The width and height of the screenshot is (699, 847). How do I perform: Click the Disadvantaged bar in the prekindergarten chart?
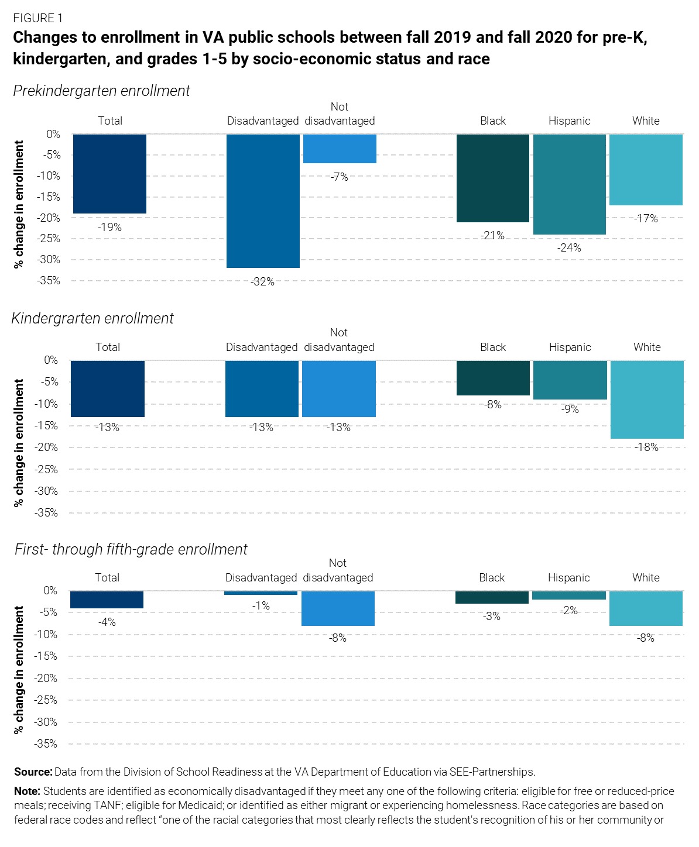tap(263, 201)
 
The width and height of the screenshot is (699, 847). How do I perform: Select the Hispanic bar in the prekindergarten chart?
tap(569, 184)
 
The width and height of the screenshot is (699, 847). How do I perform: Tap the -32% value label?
tap(262, 282)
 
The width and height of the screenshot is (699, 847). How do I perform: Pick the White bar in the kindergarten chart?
tap(647, 400)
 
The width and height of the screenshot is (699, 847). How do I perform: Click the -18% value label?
tap(646, 447)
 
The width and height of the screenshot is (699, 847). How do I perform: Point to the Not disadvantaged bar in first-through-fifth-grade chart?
tap(338, 608)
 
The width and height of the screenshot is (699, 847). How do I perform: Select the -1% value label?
tap(261, 606)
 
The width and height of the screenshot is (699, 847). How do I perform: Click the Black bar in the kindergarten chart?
tap(493, 378)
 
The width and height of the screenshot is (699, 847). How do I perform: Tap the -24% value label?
tap(569, 248)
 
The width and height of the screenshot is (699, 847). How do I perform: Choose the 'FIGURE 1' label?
tap(37, 18)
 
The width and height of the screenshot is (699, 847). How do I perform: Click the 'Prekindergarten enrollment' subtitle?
tap(101, 91)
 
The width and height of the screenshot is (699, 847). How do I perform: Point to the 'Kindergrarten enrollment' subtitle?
tap(92, 318)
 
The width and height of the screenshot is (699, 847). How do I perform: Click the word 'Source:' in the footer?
tap(33, 772)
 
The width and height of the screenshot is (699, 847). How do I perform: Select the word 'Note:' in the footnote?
tap(27, 791)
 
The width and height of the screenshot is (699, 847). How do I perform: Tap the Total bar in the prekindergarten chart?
tap(109, 174)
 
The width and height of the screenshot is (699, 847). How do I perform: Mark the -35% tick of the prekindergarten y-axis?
tap(49, 281)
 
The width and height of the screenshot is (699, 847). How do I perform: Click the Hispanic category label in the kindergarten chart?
tap(570, 347)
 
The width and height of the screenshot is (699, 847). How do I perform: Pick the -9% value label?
tap(570, 409)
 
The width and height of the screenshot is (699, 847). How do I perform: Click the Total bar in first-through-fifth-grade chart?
tap(107, 600)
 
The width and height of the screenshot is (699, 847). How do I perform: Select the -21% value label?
tap(492, 236)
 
